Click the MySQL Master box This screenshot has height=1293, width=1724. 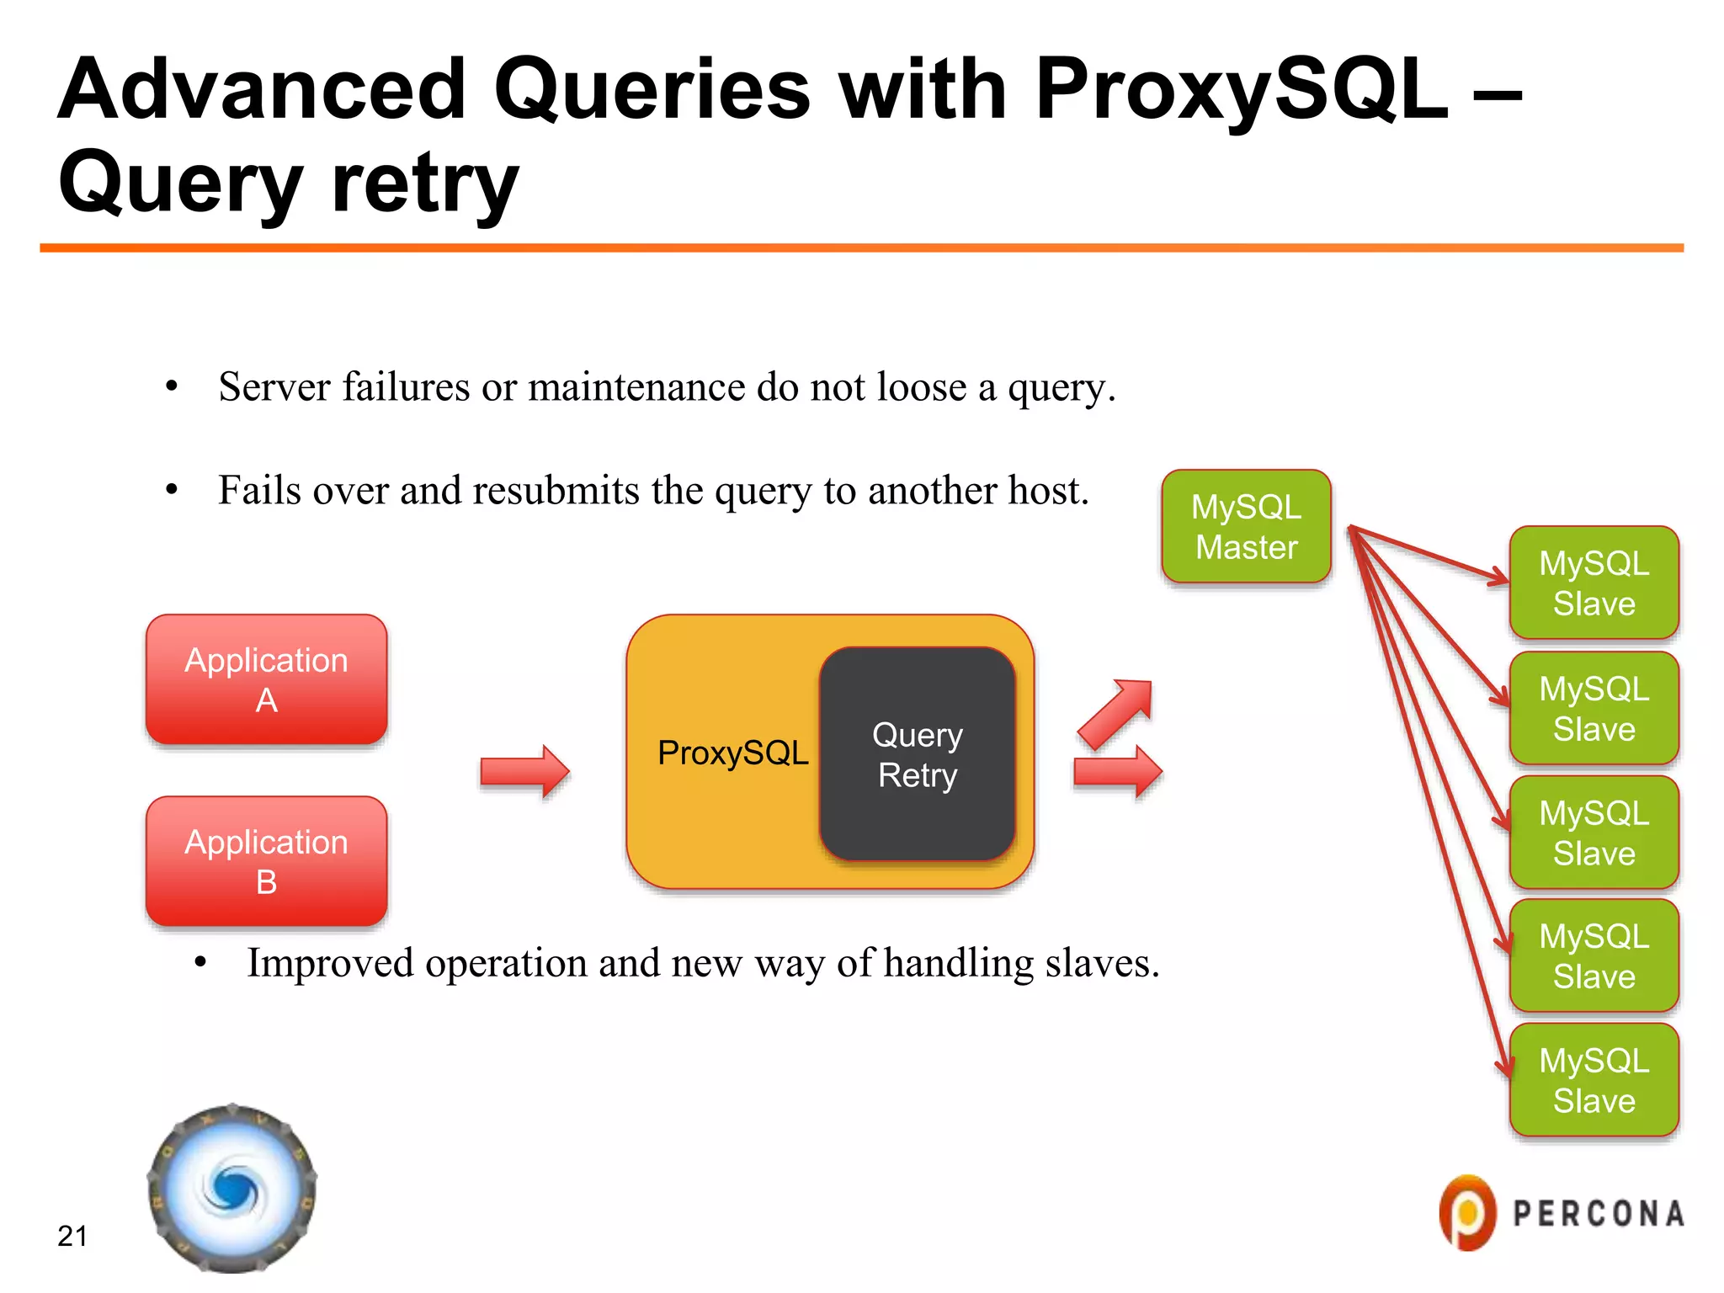coord(1246,527)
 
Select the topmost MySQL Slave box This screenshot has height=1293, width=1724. coord(1594,583)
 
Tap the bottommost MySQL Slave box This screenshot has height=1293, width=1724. coord(1594,1080)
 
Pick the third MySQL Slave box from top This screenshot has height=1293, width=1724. coord(1594,833)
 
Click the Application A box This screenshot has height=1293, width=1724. coord(266,679)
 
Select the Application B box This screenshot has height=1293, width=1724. coord(266,861)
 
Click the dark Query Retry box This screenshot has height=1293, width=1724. coord(917,754)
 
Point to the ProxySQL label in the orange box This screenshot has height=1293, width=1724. coord(732,753)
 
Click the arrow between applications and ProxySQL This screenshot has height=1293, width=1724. coord(524,770)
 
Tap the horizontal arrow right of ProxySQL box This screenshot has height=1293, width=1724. coord(1118,771)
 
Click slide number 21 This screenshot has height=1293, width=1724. coord(72,1236)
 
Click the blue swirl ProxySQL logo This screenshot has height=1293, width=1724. coord(232,1188)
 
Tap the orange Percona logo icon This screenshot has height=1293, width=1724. coord(1467,1212)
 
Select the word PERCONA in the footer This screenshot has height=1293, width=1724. coord(1598,1214)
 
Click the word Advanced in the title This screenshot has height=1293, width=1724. coord(261,89)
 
